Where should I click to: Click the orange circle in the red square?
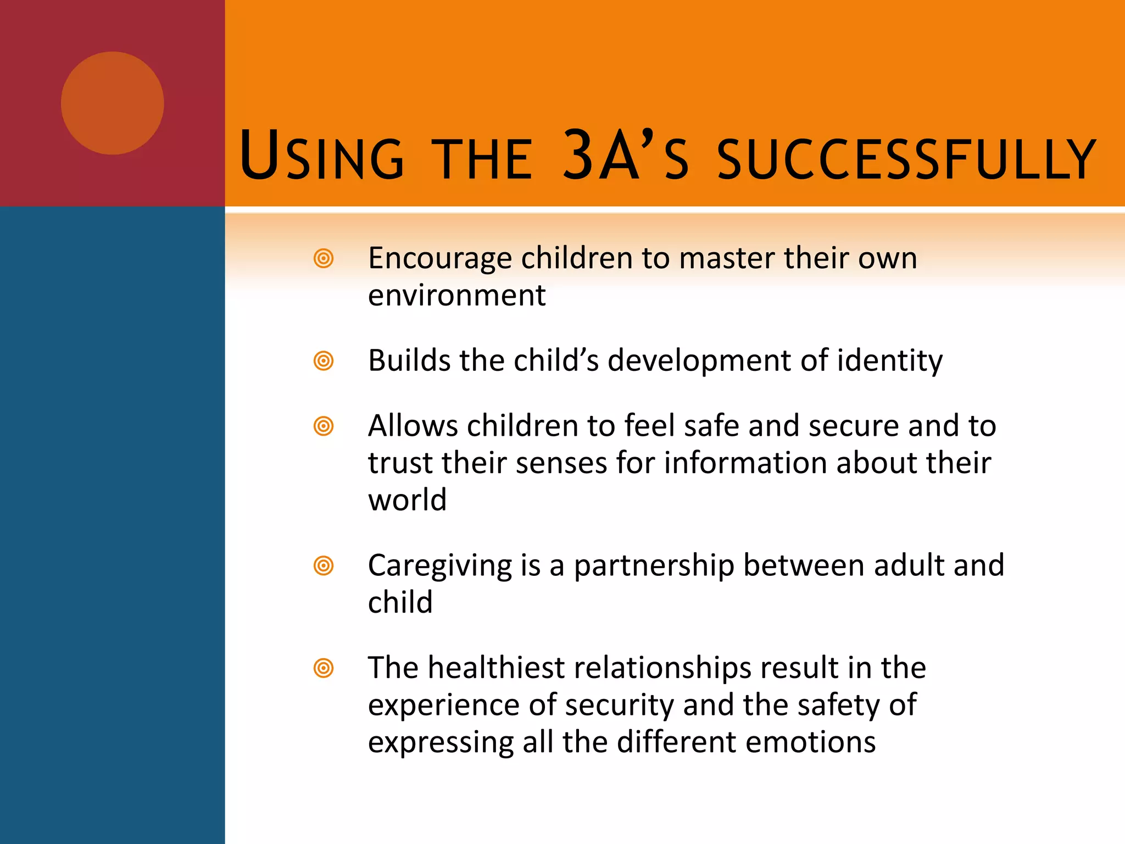click(112, 103)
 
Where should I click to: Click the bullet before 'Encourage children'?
click(324, 258)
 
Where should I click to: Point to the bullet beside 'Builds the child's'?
click(324, 361)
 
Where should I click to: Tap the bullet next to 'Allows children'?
click(324, 426)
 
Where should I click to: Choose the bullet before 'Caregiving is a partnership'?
click(324, 565)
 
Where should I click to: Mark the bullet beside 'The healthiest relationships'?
click(324, 668)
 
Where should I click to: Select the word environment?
click(456, 296)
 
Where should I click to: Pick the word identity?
click(889, 362)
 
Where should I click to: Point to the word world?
click(407, 500)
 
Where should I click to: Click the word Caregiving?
click(439, 566)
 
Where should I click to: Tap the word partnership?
click(654, 566)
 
